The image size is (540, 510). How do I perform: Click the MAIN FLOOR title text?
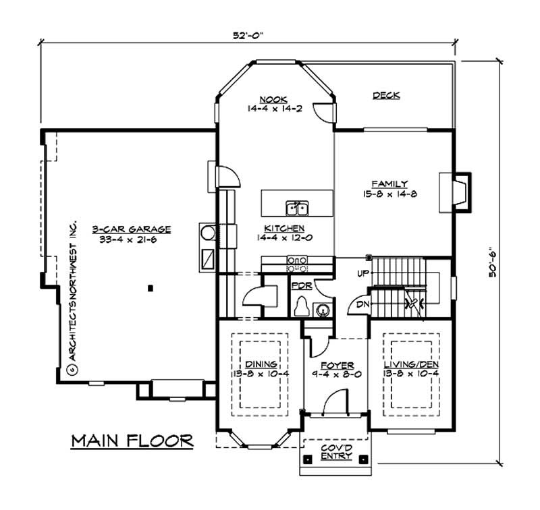(132, 441)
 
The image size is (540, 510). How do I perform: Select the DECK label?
(386, 96)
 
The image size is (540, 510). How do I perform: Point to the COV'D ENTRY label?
(335, 451)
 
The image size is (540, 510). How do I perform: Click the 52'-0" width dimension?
(248, 34)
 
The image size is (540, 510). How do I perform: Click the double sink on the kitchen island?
(296, 206)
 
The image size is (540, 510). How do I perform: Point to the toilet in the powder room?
(301, 307)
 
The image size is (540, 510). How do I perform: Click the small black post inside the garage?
(150, 289)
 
